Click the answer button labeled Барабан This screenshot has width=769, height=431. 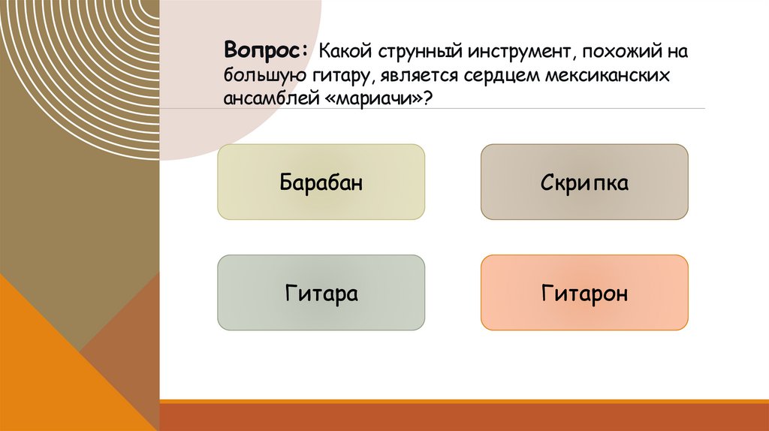coord(321,182)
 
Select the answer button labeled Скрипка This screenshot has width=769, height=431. coord(584,182)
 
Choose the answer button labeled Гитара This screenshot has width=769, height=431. coord(321,293)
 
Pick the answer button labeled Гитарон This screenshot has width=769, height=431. coord(584,293)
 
